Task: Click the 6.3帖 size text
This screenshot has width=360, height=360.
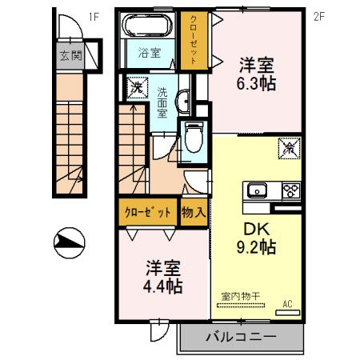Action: pyautogui.click(x=257, y=82)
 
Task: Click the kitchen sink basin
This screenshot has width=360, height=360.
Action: pyautogui.click(x=258, y=190)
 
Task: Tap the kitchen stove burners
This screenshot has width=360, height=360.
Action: pyautogui.click(x=290, y=190)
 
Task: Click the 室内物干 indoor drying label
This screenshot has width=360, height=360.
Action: pyautogui.click(x=241, y=297)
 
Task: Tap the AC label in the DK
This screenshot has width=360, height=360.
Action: pyautogui.click(x=288, y=304)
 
